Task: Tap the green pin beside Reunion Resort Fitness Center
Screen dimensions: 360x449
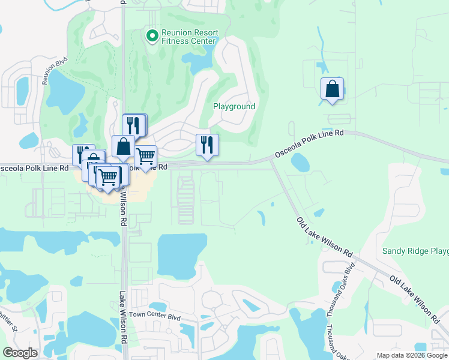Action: point(152,36)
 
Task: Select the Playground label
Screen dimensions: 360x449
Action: point(234,106)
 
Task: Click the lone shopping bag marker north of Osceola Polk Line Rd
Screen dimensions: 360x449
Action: point(332,89)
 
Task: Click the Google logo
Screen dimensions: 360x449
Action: point(20,353)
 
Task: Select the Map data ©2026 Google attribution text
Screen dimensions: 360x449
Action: point(411,355)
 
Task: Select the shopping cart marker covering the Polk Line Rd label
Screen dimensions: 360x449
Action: point(146,157)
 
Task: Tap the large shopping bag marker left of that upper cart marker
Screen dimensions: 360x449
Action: point(123,146)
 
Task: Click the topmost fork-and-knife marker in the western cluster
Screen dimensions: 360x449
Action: point(134,125)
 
